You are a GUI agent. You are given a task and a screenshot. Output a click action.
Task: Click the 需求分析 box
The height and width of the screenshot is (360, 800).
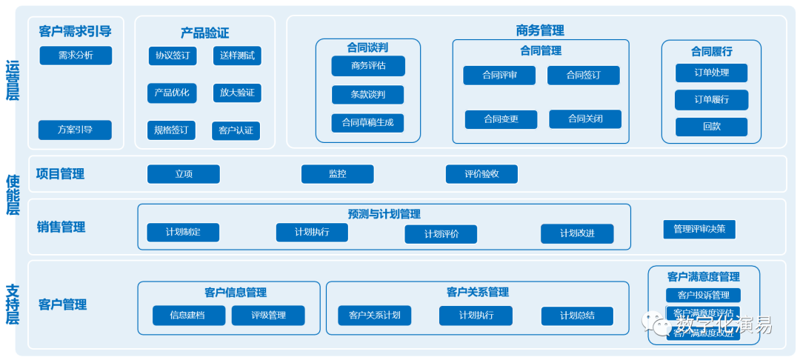point(76,56)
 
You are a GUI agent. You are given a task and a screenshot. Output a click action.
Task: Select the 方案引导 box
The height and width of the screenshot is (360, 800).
point(75,130)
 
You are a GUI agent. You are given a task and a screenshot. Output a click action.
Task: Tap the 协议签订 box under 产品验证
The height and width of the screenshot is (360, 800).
point(172,56)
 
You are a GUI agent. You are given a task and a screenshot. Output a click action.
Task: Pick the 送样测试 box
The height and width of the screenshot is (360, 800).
point(237,56)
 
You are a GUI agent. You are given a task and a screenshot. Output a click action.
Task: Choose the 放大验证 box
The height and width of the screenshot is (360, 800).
point(237,93)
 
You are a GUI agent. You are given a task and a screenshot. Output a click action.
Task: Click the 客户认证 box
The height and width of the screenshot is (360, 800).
point(236,130)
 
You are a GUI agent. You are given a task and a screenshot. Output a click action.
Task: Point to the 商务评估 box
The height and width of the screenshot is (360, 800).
point(368,66)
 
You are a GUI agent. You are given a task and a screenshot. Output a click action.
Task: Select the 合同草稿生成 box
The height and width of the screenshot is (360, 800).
point(367,123)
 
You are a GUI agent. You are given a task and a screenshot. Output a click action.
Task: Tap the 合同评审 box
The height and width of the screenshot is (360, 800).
point(499,76)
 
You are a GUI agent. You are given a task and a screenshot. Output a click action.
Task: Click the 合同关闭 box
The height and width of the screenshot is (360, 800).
point(585,119)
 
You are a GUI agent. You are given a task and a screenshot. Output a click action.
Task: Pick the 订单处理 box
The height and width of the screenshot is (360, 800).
point(711,73)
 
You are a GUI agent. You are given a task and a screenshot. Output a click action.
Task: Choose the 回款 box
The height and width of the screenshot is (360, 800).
point(711,127)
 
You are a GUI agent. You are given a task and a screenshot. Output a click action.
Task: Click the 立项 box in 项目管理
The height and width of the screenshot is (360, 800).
point(184,174)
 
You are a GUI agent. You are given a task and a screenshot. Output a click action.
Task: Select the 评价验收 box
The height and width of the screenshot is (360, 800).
point(481,174)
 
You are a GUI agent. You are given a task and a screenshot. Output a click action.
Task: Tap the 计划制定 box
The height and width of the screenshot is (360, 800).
point(183,233)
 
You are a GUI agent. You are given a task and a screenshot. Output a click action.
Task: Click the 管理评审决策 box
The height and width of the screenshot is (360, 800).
point(699,230)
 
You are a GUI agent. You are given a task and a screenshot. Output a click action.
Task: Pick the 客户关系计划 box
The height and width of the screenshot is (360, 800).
point(374,316)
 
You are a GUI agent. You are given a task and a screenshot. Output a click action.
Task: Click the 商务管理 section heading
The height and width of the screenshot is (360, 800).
point(540,30)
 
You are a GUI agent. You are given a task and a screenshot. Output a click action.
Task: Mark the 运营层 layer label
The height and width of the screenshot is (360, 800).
point(13,80)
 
